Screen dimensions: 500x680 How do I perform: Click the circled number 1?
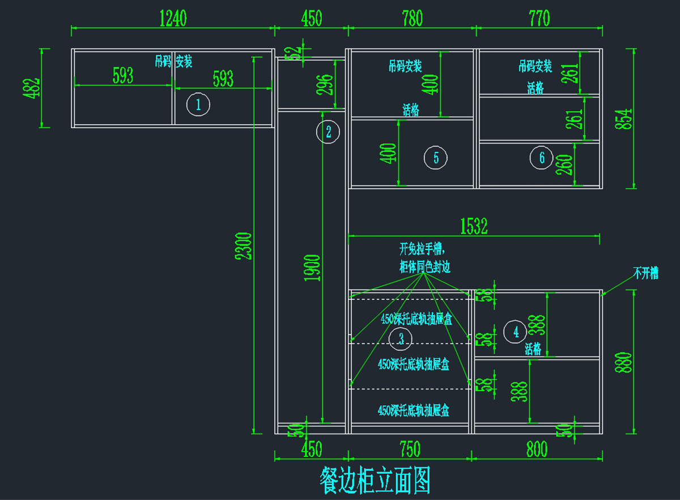point(198,104)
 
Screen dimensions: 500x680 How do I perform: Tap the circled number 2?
point(328,132)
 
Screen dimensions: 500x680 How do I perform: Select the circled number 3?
point(401,339)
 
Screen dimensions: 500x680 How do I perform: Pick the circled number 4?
point(516,332)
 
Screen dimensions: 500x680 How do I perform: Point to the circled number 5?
point(436,158)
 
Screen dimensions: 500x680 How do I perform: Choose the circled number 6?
point(542,158)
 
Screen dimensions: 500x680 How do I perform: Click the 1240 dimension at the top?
point(173,18)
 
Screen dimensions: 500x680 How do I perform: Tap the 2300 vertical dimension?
point(245,245)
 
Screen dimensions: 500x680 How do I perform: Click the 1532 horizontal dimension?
point(474,227)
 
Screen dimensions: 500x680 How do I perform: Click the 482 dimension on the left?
point(32,88)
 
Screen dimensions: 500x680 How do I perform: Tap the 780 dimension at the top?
point(411,18)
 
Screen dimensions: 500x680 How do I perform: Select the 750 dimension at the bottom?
point(410,450)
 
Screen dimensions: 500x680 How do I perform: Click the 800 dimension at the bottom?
point(536,450)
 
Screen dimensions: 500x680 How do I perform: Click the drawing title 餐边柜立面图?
point(375,481)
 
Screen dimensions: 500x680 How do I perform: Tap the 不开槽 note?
point(645,273)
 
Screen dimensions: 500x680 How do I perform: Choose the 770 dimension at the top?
point(539,18)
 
